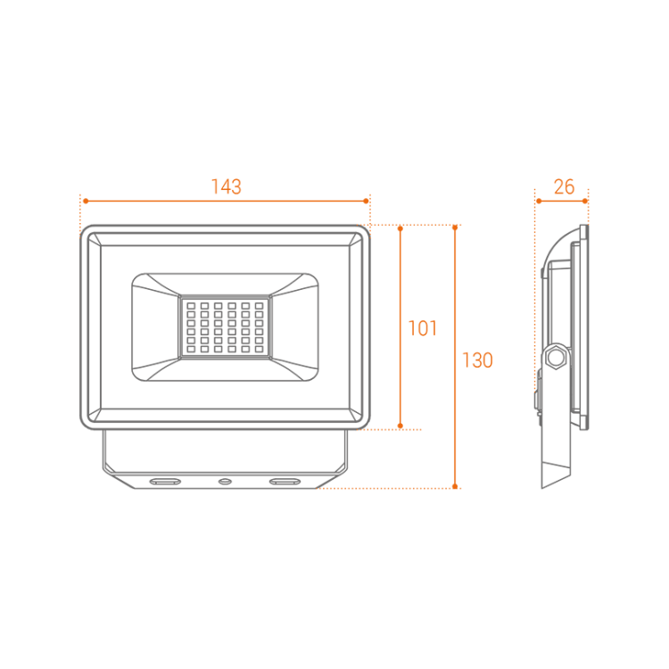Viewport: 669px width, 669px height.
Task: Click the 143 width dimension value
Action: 226,186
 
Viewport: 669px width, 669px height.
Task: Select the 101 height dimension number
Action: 422,328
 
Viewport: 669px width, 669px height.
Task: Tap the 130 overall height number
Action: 476,360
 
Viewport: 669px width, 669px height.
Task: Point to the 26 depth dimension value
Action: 564,186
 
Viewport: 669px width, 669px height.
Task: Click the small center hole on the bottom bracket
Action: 225,481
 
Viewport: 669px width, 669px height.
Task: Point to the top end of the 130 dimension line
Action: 456,225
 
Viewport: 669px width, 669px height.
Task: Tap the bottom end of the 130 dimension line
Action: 456,488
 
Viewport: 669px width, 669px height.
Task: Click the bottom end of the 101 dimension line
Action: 401,429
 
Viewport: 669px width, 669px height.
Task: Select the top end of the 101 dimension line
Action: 401,225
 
